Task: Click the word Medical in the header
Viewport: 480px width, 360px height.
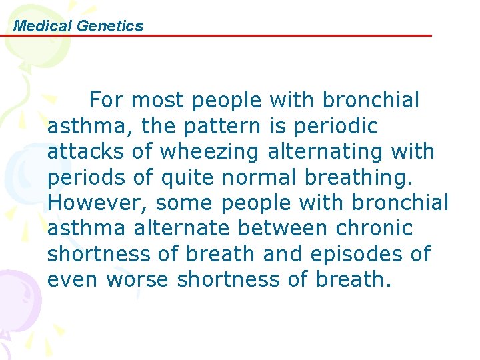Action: coord(43,26)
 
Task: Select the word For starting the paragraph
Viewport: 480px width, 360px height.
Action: coord(106,101)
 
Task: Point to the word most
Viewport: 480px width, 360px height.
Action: coord(160,101)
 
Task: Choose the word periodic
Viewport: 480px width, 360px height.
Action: coord(340,126)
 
